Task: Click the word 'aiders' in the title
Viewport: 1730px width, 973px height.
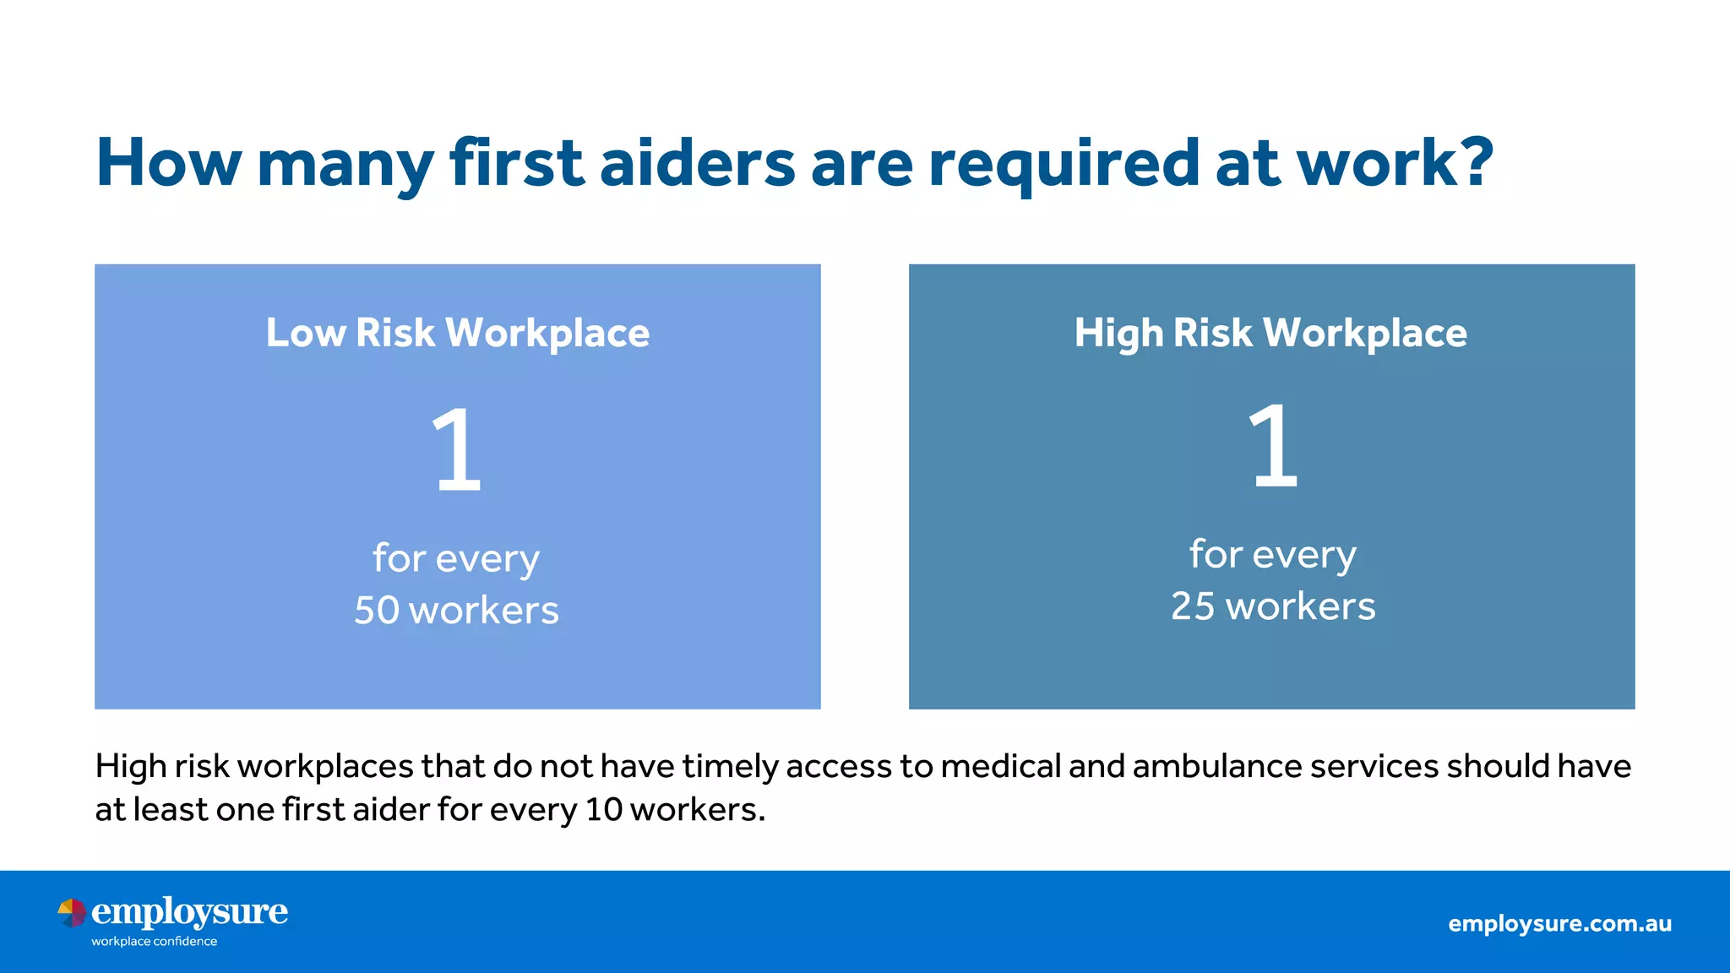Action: pyautogui.click(x=697, y=162)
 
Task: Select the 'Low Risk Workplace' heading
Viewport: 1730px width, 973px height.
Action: pyautogui.click(x=458, y=334)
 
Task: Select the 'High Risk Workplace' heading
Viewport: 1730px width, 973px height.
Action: pyautogui.click(x=1270, y=334)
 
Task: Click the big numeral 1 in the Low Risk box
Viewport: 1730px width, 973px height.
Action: pyautogui.click(x=456, y=449)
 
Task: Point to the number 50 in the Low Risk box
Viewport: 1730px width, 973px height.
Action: pyautogui.click(x=377, y=611)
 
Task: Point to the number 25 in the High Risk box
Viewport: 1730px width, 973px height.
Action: pyautogui.click(x=1193, y=606)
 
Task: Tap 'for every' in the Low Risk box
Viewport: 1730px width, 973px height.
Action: pyautogui.click(x=456, y=559)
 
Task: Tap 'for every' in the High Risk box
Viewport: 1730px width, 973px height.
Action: pyautogui.click(x=1272, y=555)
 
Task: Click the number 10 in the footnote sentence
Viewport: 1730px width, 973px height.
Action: pyautogui.click(x=603, y=810)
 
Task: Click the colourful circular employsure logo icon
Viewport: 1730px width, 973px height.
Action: pyautogui.click(x=72, y=913)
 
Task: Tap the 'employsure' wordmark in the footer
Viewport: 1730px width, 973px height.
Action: pyautogui.click(x=189, y=912)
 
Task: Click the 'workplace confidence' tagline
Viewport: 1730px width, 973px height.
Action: pyautogui.click(x=154, y=942)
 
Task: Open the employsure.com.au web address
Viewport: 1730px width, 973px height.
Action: pyautogui.click(x=1559, y=923)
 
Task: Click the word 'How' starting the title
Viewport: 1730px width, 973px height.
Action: pyautogui.click(x=169, y=162)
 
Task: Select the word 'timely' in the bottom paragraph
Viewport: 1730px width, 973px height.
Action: pyautogui.click(x=730, y=767)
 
